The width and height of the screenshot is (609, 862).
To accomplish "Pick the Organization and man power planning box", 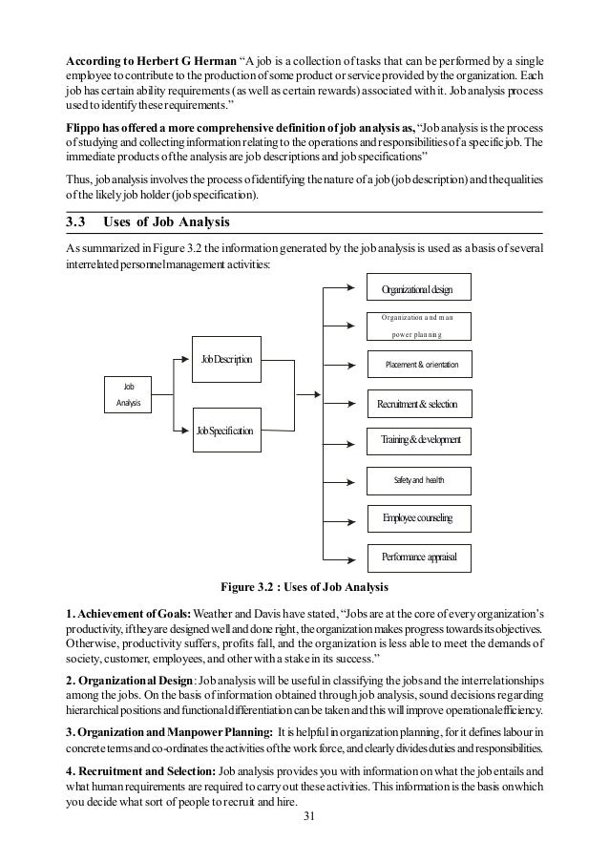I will click(417, 326).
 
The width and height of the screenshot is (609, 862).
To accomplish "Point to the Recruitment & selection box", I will click(418, 405).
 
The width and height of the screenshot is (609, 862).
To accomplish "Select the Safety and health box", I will click(418, 478).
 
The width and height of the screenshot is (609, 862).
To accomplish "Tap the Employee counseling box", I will click(417, 517).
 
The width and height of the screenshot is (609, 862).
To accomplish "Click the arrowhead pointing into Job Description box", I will click(187, 360).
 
